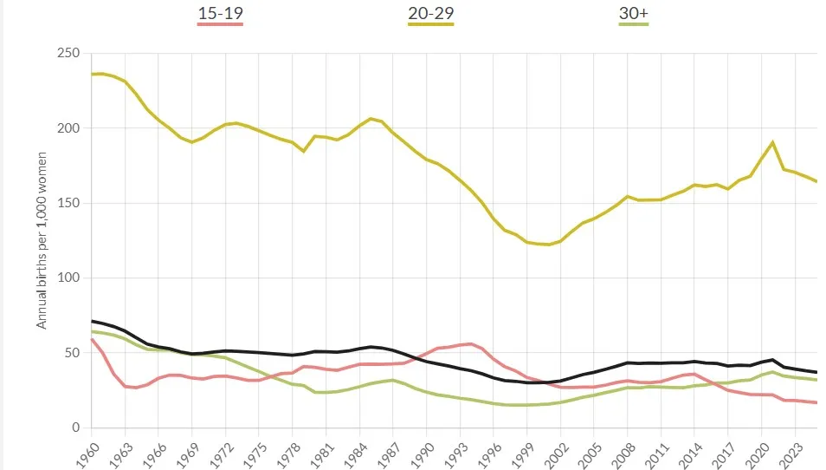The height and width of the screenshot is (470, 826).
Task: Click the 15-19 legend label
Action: pos(220,13)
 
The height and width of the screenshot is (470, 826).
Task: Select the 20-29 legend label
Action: pos(430,13)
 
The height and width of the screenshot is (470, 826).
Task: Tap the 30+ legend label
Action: pos(633,13)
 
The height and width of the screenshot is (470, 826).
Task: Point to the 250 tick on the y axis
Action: pos(68,54)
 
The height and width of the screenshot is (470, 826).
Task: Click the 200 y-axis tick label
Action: pos(68,128)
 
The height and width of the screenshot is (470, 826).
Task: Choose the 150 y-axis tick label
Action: pos(68,203)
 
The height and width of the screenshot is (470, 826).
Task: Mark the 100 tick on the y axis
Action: pos(68,278)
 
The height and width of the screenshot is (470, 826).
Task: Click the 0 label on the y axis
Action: pos(75,428)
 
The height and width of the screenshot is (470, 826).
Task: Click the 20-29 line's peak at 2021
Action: pos(771,142)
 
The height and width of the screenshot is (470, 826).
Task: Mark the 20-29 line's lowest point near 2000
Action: pos(548,245)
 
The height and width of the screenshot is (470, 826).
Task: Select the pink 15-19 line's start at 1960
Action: pos(93,339)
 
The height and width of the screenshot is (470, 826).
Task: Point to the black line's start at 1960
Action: pos(93,321)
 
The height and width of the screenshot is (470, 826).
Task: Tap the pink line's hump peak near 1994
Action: pos(470,343)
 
